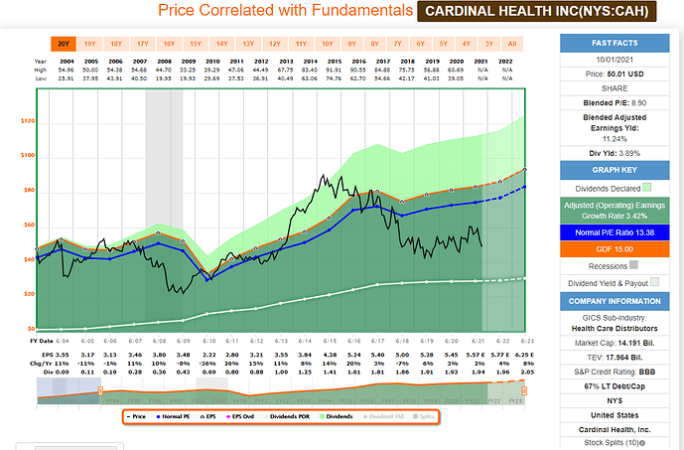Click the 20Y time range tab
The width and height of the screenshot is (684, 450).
[x=62, y=44]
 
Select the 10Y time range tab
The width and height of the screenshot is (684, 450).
[x=327, y=44]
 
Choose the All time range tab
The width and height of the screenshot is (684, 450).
[x=511, y=44]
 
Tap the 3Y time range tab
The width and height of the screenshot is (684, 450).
[x=487, y=44]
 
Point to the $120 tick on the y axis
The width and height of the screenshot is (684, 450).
[x=27, y=120]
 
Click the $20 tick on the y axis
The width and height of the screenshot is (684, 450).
[x=29, y=293]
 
